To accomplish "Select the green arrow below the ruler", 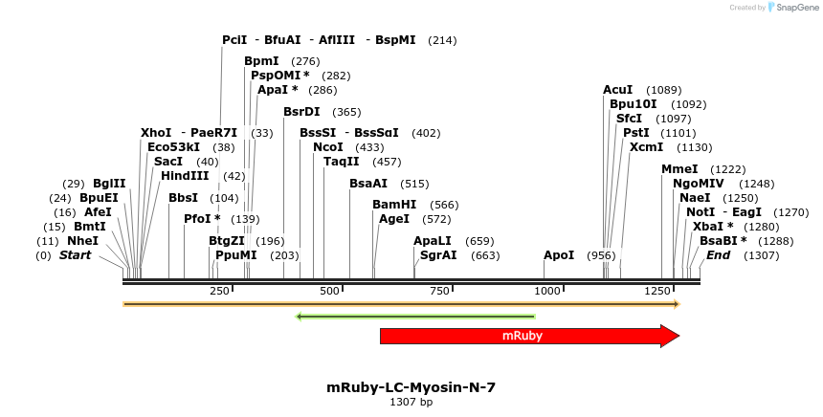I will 414,316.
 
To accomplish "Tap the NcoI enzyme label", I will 327,147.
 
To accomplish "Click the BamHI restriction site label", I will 394,205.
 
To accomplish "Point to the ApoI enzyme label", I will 559,255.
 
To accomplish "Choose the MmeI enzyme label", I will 679,169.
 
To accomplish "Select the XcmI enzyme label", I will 646,147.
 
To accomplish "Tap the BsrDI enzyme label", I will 301,112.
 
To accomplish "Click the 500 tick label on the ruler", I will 329,291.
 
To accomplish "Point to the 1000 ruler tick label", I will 546,291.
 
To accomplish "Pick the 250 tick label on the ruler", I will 219,291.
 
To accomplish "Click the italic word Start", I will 77,255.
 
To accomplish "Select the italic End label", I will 718,255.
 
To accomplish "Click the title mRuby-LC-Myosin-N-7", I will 411,387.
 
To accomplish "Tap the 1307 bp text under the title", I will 411,403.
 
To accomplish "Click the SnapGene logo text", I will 796,8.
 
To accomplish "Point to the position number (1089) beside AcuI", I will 663,90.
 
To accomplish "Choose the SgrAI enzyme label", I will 438,255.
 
